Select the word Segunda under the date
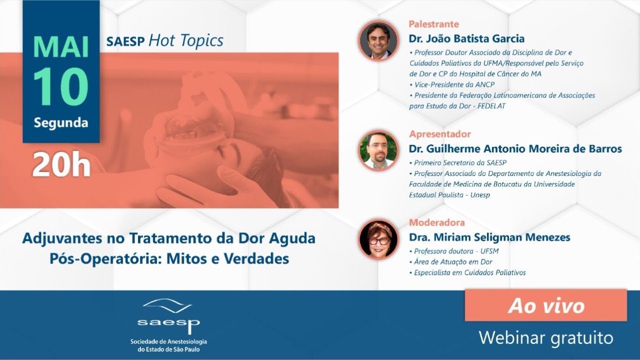tap(61, 122)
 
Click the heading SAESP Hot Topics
tap(164, 40)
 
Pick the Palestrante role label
tap(433, 24)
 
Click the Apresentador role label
tap(440, 134)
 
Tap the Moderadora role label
tap(437, 222)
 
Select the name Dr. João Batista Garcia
tap(466, 38)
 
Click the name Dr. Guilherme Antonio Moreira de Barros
tap(515, 148)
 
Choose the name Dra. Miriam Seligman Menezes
tap(489, 237)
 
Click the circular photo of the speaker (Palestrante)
tap(378, 41)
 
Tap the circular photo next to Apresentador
tap(378, 150)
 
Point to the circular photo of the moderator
tap(378, 239)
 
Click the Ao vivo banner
tap(546, 305)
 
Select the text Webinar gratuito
tap(546, 337)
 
